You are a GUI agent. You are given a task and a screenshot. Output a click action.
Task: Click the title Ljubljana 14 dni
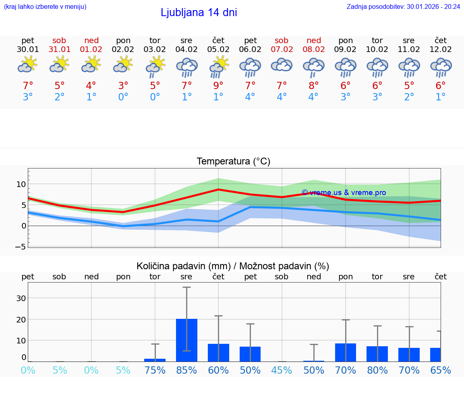pos(199,12)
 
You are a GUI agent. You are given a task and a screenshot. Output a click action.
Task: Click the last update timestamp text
pos(403,6)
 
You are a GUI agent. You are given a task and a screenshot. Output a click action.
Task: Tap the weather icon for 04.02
pos(186,67)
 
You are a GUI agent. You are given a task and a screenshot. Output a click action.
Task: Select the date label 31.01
pos(60,49)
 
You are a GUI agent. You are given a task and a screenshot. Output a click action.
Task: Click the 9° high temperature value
pos(218,85)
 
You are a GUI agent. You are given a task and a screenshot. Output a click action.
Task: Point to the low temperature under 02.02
pos(123,97)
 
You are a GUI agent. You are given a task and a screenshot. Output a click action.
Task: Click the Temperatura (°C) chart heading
pos(233,162)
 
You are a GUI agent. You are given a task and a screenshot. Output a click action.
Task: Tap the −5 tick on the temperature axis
pos(21,247)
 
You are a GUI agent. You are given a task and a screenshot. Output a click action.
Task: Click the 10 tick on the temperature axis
pos(21,184)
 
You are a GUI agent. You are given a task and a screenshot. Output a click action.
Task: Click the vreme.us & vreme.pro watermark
pos(344,193)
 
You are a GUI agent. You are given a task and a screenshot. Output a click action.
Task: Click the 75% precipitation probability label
pos(155,370)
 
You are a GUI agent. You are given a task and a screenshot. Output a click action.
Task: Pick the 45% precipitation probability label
pos(282,370)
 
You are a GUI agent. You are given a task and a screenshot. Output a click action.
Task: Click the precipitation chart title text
pos(233,266)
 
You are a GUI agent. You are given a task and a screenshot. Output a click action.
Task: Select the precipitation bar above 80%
pos(377,353)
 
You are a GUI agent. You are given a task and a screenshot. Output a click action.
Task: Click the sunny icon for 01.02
pos(91,64)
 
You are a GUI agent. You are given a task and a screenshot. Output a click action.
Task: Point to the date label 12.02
pos(441,49)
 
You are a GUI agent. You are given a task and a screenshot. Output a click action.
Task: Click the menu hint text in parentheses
pos(45,6)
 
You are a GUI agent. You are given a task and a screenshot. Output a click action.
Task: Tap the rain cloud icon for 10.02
pos(377,67)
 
